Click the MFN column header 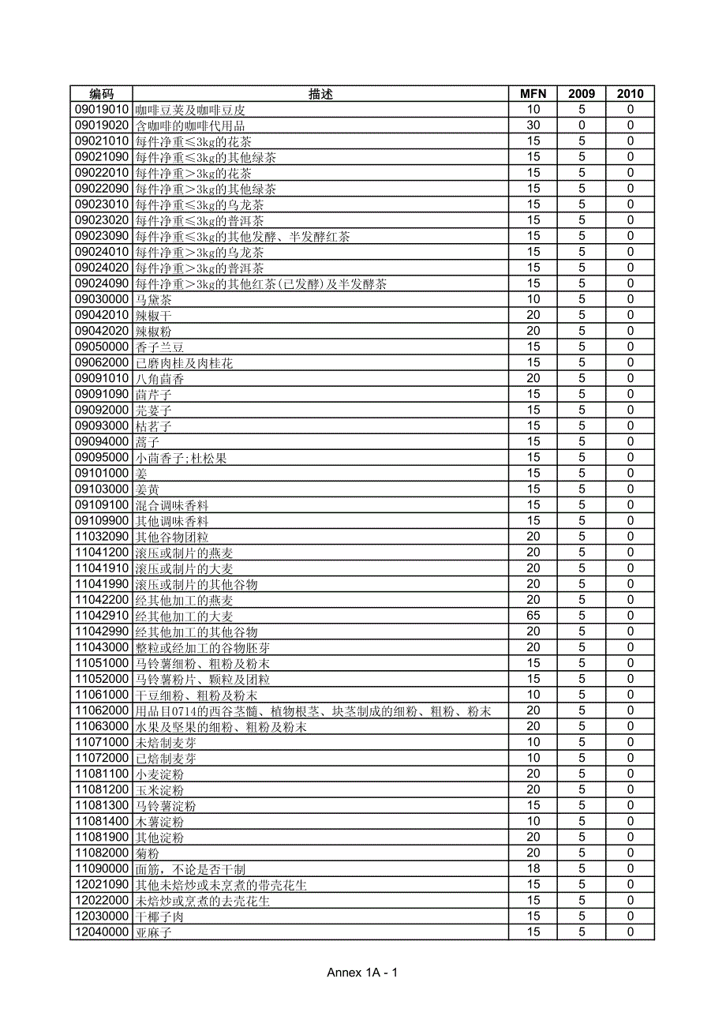(533, 94)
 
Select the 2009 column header (582, 94)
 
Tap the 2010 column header (630, 94)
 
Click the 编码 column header (101, 94)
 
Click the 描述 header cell (320, 94)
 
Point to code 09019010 (101, 110)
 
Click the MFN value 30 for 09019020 (533, 126)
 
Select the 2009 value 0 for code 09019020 (582, 126)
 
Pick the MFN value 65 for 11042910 (533, 616)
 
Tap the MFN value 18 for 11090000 (533, 868)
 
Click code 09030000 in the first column (101, 299)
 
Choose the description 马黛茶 (153, 300)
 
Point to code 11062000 (101, 710)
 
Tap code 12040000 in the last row (101, 932)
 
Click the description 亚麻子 (153, 932)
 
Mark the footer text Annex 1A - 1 (362, 973)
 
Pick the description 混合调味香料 (172, 505)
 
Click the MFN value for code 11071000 (533, 742)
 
